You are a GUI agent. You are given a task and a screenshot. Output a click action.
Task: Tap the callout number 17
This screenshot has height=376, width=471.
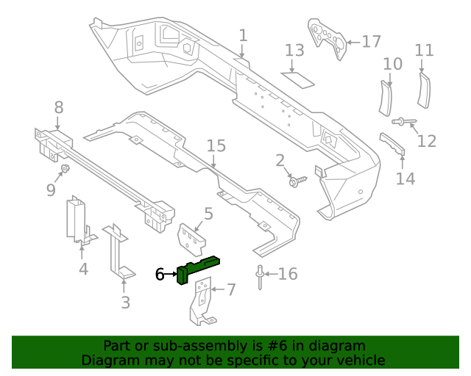point(371,42)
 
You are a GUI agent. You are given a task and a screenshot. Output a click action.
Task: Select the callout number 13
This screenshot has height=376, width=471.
point(294,51)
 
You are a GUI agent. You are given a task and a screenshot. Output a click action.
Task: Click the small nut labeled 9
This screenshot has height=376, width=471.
point(64,170)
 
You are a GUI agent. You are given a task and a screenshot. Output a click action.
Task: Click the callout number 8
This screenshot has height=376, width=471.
point(59,108)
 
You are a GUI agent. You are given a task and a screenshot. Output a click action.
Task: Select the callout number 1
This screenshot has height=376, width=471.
point(243,35)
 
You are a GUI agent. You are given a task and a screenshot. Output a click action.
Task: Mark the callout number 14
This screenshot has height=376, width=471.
point(406,178)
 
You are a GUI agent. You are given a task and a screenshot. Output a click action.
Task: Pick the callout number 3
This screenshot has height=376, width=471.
point(125,301)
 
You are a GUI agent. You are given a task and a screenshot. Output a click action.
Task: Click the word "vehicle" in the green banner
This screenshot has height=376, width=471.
point(356,360)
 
